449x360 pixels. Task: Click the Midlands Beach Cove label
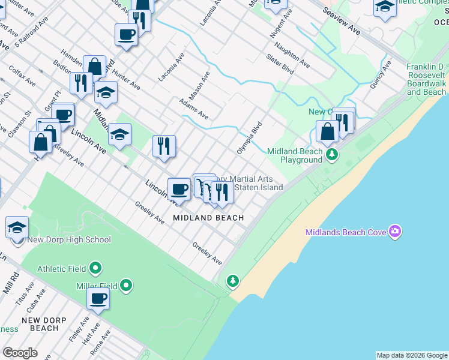(x=346, y=232)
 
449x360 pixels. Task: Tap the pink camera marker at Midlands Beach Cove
(x=395, y=231)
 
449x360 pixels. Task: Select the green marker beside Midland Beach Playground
(x=331, y=155)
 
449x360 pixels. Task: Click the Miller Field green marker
(x=126, y=285)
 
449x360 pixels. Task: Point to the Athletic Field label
(x=61, y=269)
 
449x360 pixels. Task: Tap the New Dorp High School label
(x=69, y=240)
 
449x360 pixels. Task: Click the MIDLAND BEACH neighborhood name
(x=208, y=218)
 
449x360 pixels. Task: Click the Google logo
(x=20, y=353)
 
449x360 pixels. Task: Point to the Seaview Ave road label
(x=341, y=21)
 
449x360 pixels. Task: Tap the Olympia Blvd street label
(x=250, y=139)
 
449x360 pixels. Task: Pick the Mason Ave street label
(x=199, y=85)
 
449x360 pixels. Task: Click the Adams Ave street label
(x=194, y=109)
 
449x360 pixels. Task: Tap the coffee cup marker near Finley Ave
(x=98, y=298)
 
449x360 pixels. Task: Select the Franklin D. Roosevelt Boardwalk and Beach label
(x=426, y=79)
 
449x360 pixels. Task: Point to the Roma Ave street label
(x=100, y=342)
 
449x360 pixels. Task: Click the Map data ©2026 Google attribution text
(x=412, y=355)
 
